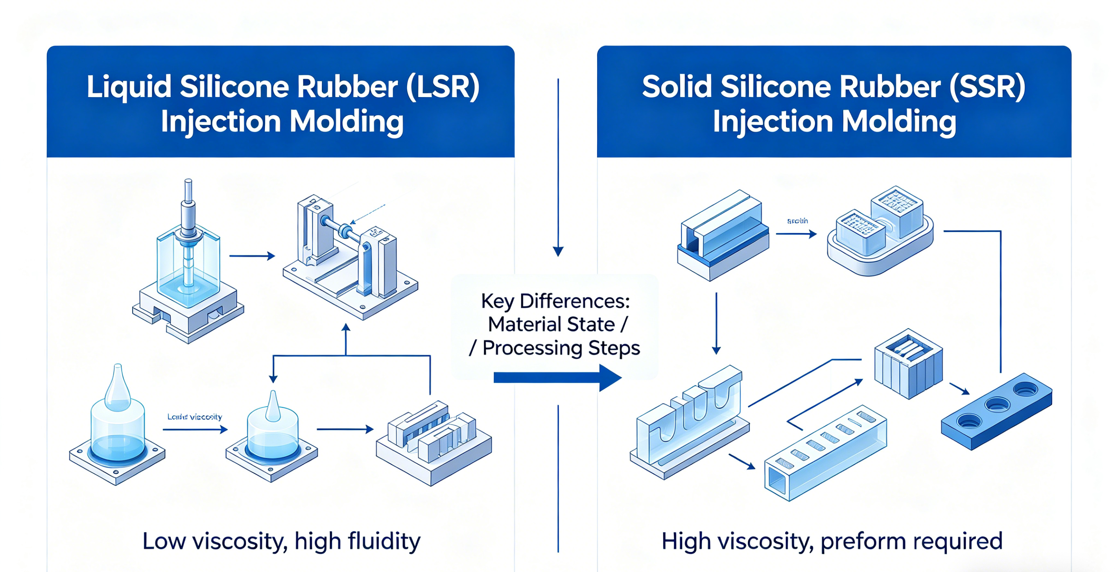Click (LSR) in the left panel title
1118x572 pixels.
(x=442, y=87)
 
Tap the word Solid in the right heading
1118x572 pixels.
(x=677, y=87)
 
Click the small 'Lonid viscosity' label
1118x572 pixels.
(x=195, y=417)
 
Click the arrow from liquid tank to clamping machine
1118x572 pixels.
(x=252, y=256)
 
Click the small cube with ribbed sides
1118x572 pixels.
(x=908, y=364)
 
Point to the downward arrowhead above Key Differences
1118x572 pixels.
(x=558, y=251)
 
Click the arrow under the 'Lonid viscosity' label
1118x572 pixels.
(x=195, y=429)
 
